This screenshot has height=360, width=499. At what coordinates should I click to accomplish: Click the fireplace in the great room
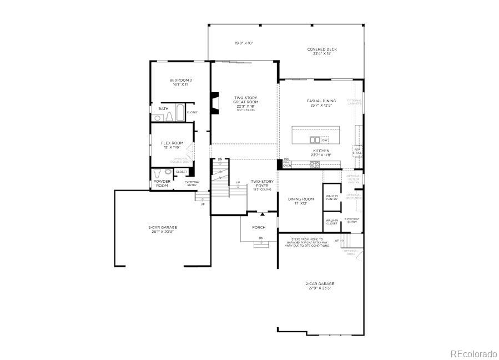coord(214,103)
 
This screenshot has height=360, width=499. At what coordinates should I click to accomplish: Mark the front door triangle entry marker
coord(263,214)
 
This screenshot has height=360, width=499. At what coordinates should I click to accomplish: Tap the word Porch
coord(259,227)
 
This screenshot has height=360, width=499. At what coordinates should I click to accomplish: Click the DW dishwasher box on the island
coord(325,141)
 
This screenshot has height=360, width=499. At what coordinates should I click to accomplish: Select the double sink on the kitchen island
coord(315,140)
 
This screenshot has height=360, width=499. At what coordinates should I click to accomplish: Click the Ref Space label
coord(357,151)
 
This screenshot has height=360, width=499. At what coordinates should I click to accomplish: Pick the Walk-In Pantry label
coord(332,197)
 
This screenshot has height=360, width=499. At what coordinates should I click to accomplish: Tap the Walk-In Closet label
coord(332,222)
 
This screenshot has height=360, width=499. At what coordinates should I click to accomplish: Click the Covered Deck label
coord(322,51)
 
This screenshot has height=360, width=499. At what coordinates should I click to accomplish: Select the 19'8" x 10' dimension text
coord(243,43)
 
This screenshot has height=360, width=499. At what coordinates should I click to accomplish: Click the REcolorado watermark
coord(473,353)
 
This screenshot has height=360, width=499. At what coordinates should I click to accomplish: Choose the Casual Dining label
coord(321,103)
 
